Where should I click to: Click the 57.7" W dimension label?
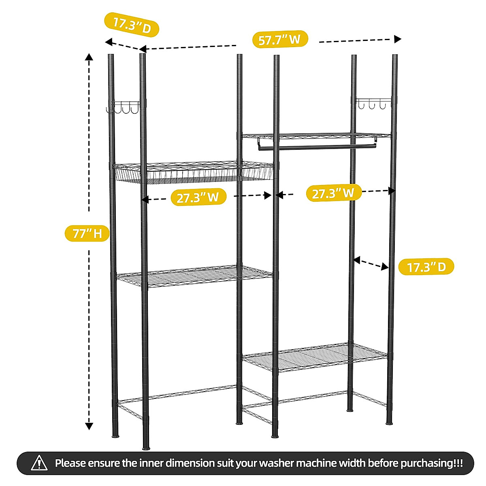pos(280,40)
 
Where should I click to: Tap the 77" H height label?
pos(87,233)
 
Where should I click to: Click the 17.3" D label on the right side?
pos(426,267)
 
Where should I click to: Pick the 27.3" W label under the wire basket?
pos(198,197)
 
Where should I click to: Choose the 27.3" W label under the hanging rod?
pos(333,193)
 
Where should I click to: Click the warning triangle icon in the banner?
pos(39,463)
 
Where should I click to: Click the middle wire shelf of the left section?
pos(194,276)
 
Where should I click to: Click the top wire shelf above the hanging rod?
pos(316,136)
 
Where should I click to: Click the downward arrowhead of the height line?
pos(89,426)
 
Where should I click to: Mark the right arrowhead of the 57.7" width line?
pos(398,39)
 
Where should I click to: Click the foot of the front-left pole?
pos(146,448)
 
